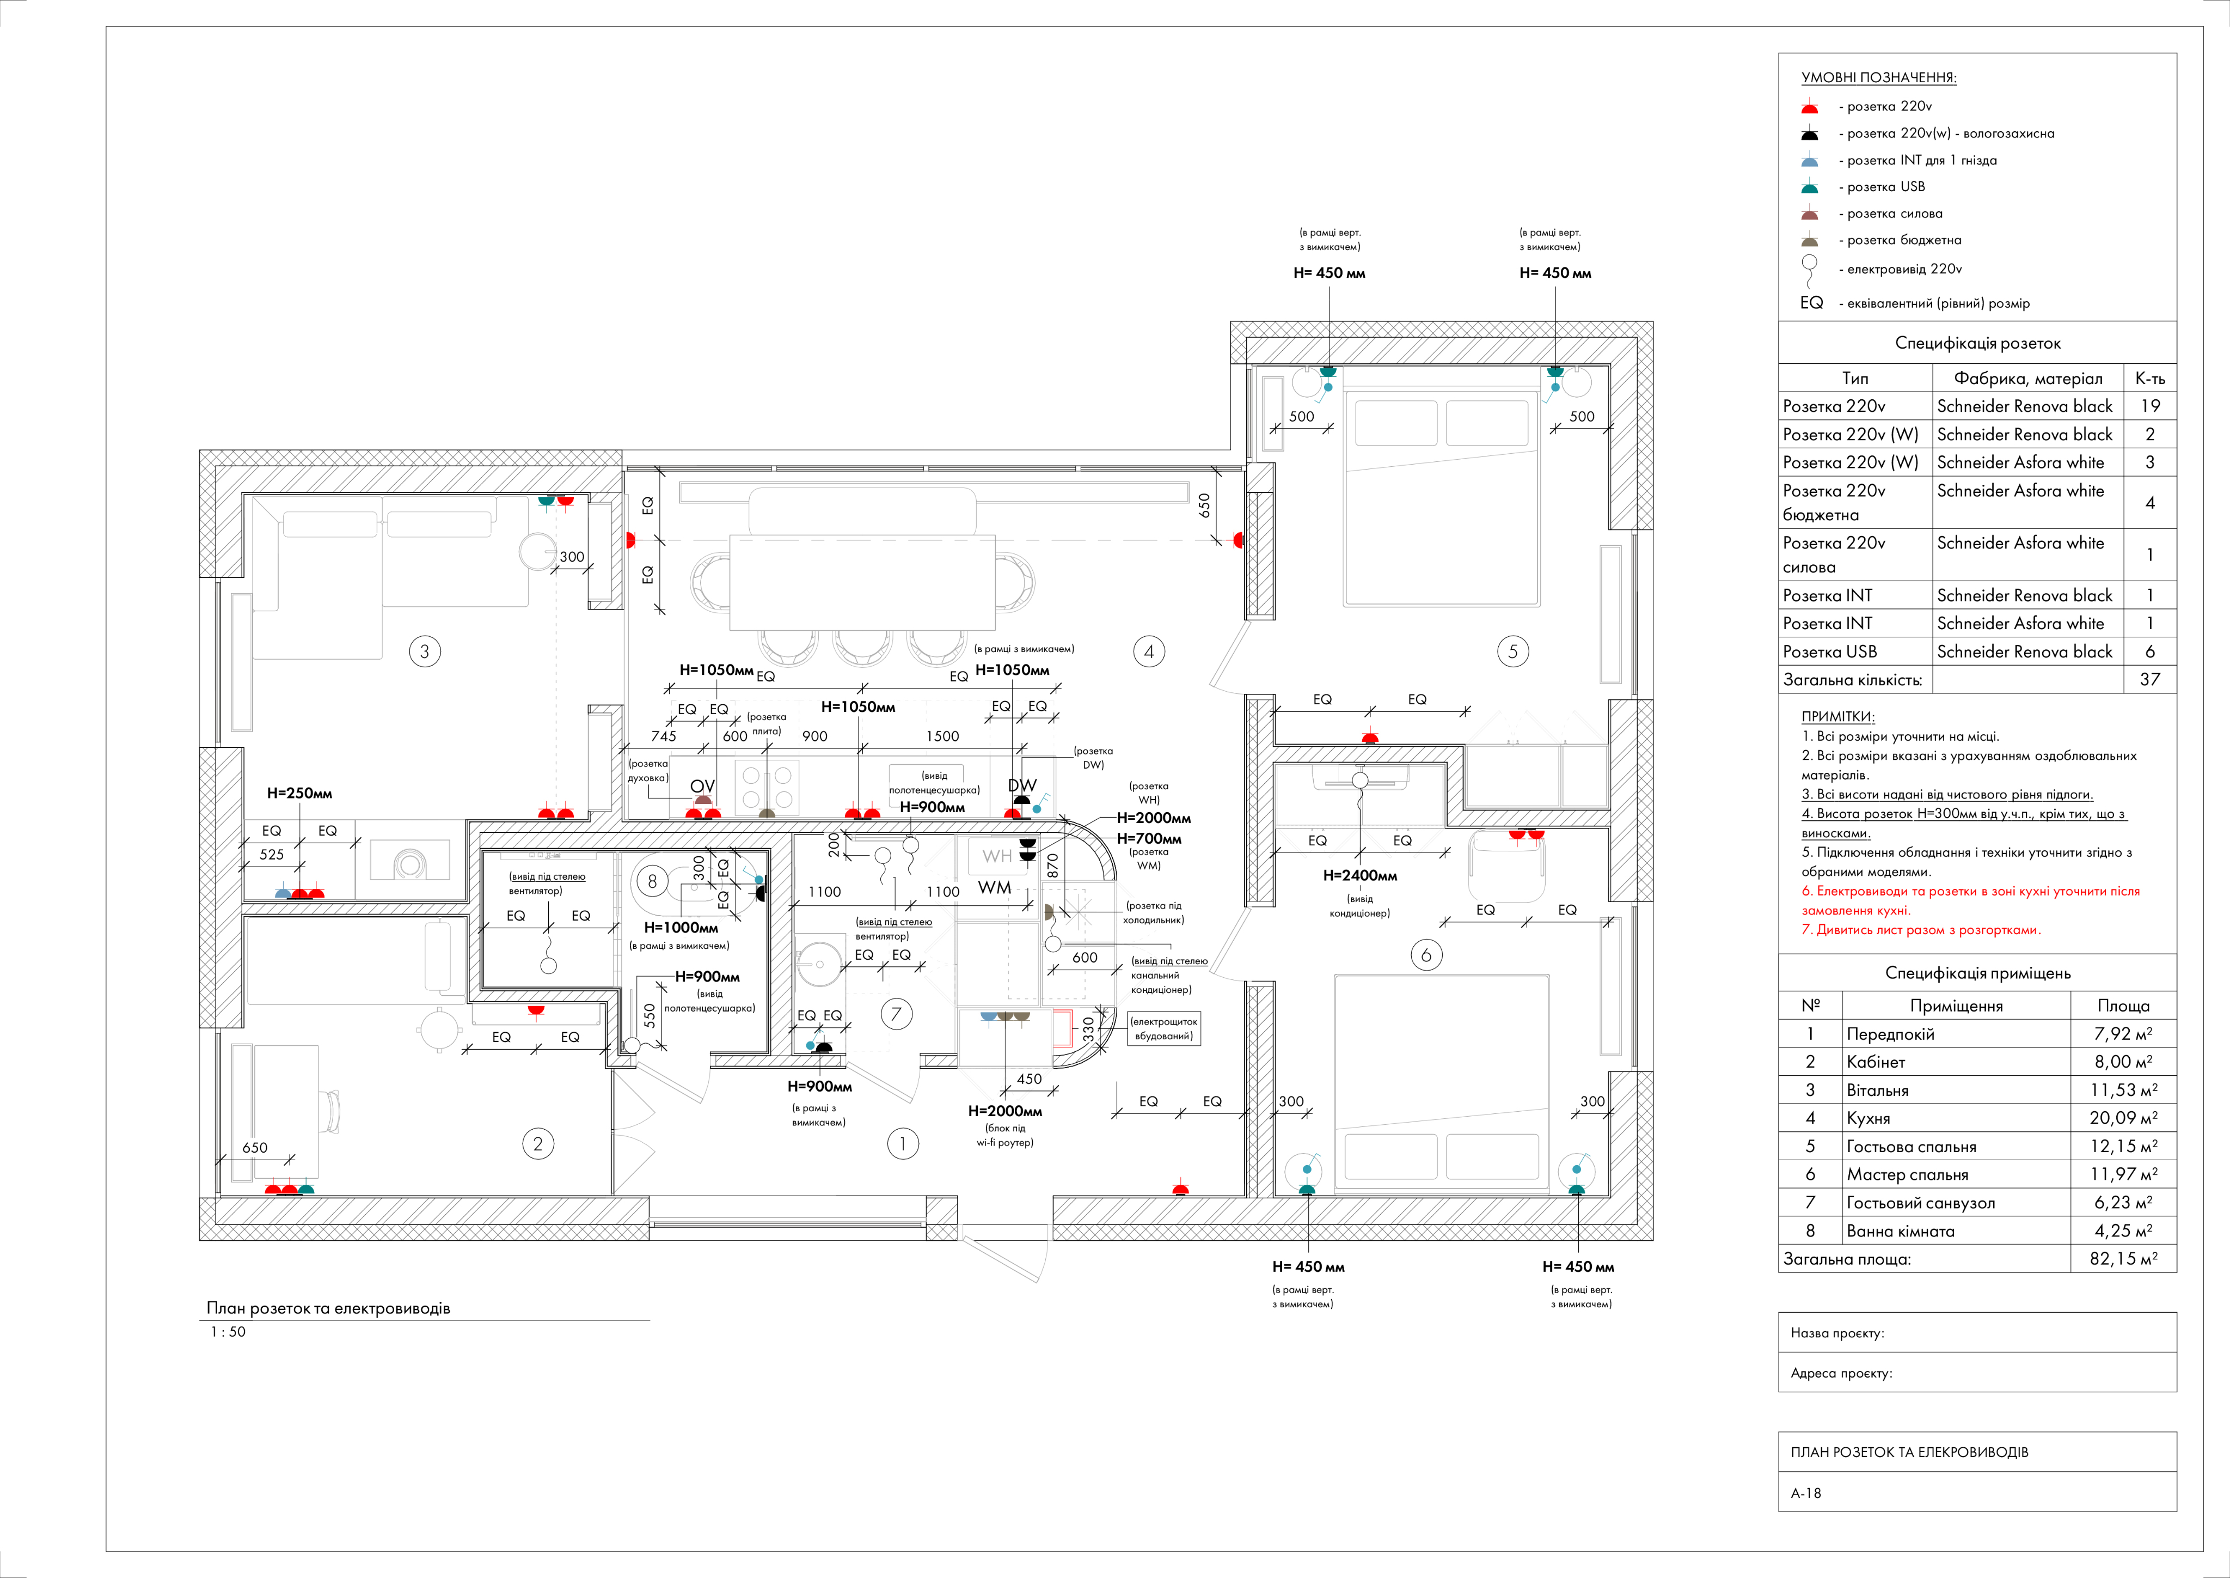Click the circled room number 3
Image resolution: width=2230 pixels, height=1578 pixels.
425,651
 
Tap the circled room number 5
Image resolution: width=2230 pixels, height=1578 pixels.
1512,651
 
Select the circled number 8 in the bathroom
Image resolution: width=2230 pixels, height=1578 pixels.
652,881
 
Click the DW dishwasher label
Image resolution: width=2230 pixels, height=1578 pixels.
1022,785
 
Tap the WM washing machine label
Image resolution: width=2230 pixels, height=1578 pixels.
995,887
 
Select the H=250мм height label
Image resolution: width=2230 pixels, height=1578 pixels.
299,793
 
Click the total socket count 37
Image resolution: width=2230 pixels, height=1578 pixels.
2151,679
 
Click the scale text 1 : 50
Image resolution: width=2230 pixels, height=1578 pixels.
228,1331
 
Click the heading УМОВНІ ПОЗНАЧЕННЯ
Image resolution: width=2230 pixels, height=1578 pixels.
1878,78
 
